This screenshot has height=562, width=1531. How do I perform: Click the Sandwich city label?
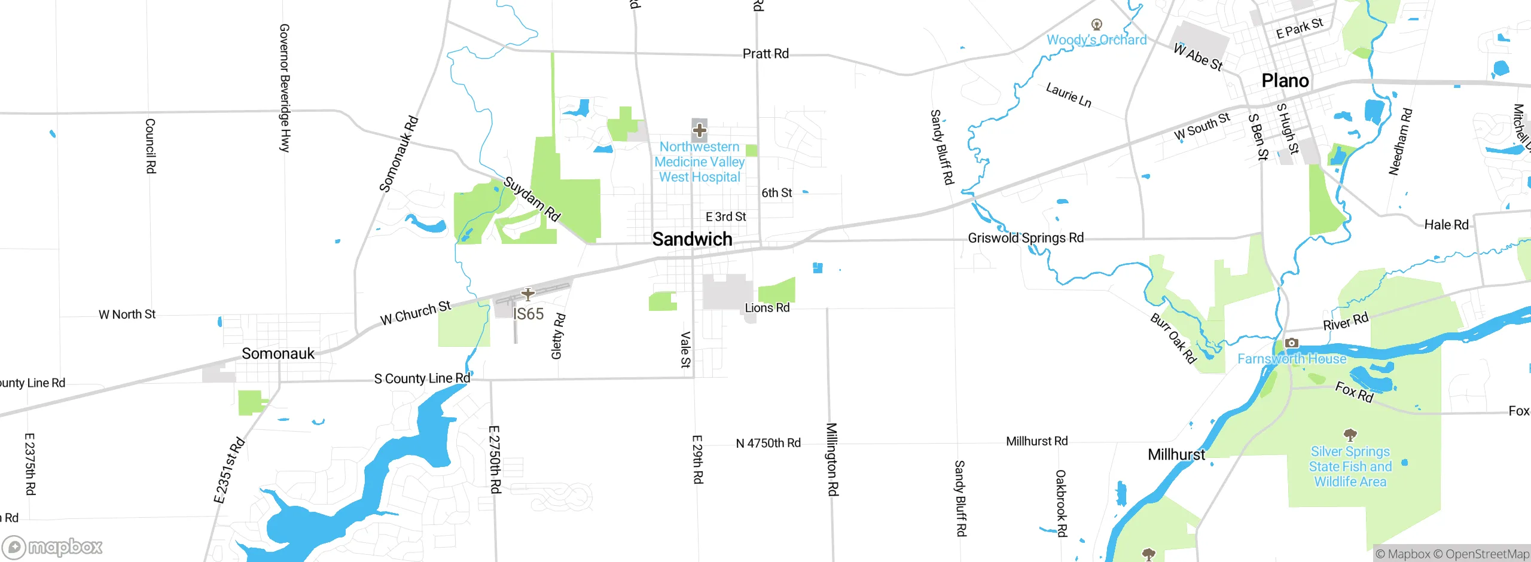[692, 239]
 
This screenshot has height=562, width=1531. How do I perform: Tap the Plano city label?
[1285, 81]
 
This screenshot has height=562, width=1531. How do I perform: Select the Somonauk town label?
[278, 353]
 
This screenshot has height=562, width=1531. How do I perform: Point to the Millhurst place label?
[1176, 454]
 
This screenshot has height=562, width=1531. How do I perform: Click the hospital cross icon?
[699, 130]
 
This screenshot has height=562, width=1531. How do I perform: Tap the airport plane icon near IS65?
[527, 295]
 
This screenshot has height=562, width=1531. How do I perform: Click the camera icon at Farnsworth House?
[1292, 343]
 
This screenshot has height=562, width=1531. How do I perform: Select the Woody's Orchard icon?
[1096, 25]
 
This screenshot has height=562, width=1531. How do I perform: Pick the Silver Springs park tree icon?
[1350, 435]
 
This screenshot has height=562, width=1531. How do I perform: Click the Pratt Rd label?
[765, 54]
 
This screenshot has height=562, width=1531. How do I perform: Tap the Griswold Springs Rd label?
[1026, 238]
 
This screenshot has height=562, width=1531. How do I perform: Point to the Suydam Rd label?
[532, 198]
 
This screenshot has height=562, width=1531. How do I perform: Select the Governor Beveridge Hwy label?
[285, 88]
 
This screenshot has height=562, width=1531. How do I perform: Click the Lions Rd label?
[767, 308]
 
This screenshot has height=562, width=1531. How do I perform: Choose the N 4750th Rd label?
[768, 443]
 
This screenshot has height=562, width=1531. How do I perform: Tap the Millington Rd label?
[832, 459]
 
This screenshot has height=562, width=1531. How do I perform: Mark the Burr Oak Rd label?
[1173, 338]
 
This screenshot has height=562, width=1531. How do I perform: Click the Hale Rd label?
[1446, 225]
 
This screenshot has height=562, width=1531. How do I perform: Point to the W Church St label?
[416, 313]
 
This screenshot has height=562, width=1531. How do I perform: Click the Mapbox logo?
[53, 546]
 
